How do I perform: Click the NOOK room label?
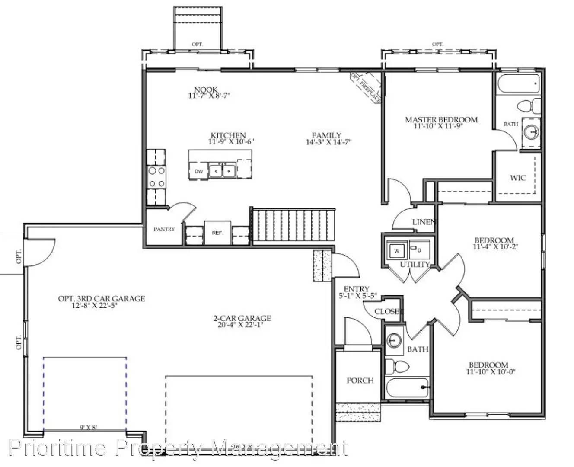coord(206,90)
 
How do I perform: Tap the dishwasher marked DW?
coord(198,171)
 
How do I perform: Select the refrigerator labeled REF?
coord(217,233)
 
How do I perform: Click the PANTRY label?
coord(164,229)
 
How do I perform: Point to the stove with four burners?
coord(156,177)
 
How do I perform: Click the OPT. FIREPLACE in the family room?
coord(366,88)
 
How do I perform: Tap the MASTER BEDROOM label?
coord(441,119)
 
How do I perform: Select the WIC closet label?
coord(517,178)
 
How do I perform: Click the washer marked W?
coord(396,250)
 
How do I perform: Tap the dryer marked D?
coord(418,250)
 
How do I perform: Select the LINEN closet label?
coord(424,222)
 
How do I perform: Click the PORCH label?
coord(360,381)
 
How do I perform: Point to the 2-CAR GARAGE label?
coord(242,318)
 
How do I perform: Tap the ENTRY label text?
coord(356,289)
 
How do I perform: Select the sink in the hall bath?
coord(393,341)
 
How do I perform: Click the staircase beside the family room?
coord(293,226)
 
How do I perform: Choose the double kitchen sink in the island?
coord(222,170)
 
